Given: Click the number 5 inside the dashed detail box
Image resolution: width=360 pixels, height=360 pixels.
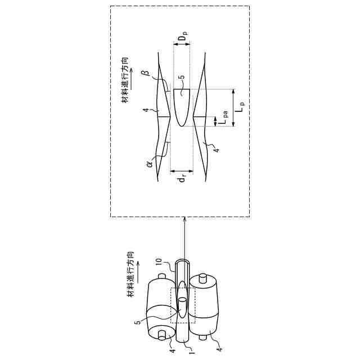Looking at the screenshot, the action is (180, 77).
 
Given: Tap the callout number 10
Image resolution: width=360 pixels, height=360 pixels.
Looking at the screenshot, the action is (159, 263).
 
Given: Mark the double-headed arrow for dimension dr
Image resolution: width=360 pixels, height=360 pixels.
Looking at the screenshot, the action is (182, 170).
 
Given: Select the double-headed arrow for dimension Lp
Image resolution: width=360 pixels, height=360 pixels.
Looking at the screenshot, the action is (233, 107).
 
